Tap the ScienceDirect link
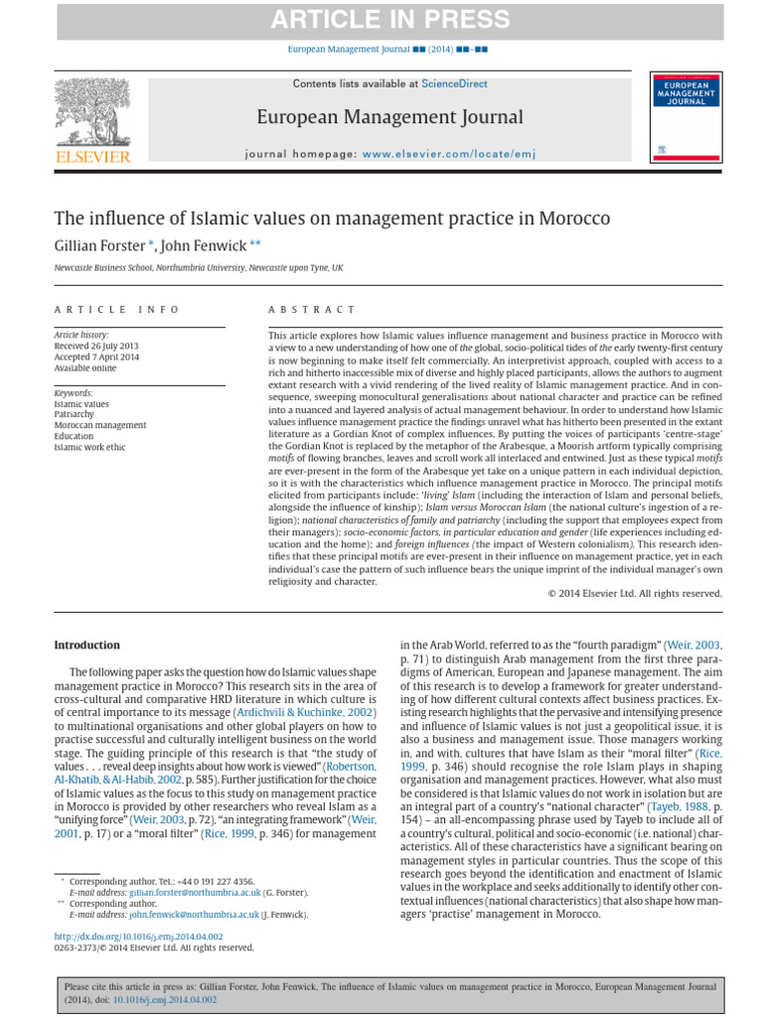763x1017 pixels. [x=454, y=84]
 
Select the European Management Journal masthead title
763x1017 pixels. [x=389, y=117]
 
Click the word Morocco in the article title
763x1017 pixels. [x=570, y=218]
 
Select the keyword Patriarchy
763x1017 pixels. [x=76, y=414]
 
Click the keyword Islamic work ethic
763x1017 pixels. [x=91, y=448]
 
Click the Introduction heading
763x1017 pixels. [x=86, y=645]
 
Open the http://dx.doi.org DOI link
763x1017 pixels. [x=138, y=937]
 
